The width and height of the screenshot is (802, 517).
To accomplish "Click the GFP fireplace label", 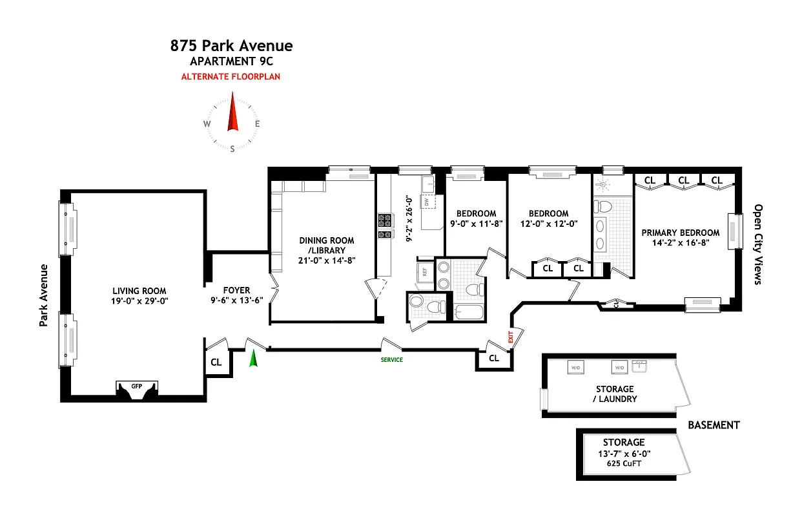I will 136,386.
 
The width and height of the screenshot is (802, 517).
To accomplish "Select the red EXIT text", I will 510,337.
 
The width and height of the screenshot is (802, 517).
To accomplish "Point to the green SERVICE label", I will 391,360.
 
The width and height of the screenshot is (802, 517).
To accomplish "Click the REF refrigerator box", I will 425,271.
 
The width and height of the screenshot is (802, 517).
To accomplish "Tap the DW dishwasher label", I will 427,202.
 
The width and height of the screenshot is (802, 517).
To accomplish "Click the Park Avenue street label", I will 45,295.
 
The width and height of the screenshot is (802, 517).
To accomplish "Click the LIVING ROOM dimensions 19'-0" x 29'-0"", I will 139,301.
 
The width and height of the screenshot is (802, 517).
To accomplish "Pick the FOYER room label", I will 236,290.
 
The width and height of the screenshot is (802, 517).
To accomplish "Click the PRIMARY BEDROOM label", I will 680,233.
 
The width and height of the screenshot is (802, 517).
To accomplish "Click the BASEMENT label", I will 713,425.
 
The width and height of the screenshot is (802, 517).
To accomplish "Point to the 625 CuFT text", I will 624,463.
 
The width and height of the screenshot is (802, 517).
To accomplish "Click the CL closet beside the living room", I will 216,362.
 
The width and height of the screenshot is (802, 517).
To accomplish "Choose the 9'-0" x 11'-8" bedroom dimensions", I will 477,224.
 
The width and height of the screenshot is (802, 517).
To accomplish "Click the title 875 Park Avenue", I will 231,46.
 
